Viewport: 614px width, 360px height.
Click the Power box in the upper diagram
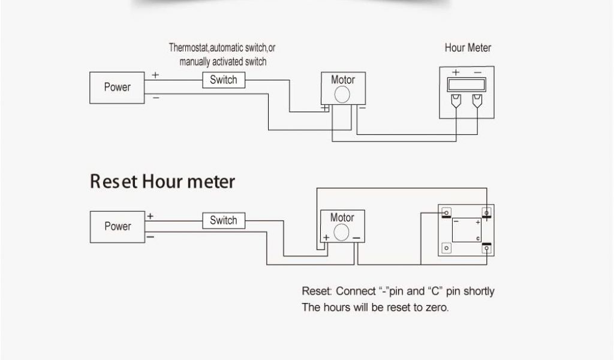tap(117, 88)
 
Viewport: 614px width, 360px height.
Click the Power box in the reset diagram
tap(117, 226)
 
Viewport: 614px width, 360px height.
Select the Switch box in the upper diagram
tap(223, 80)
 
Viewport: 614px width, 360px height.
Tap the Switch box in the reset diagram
tap(223, 221)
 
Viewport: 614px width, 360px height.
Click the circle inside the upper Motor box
tap(342, 95)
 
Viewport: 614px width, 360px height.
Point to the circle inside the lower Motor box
tap(342, 232)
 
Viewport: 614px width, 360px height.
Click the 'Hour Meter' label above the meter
tap(468, 48)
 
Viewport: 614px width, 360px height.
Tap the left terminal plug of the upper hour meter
tap(455, 100)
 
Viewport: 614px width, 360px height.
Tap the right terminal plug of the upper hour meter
tap(478, 100)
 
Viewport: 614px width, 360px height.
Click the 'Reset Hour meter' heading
tap(162, 181)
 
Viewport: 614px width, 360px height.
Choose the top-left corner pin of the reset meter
tap(446, 212)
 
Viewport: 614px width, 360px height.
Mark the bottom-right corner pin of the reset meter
tap(487, 248)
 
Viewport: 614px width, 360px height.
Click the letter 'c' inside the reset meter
tap(478, 238)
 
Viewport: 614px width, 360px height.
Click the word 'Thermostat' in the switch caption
tap(188, 48)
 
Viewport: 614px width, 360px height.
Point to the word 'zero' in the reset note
tap(435, 308)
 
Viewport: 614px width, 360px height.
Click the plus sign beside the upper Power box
tap(155, 76)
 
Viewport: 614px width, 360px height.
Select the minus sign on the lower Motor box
tap(356, 238)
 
